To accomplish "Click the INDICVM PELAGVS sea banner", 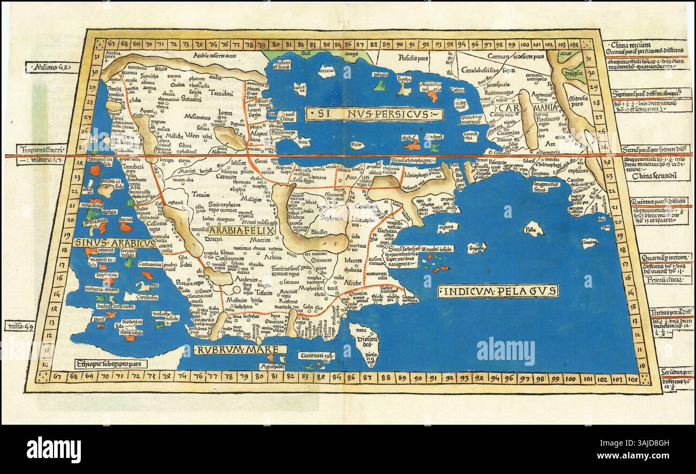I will (x=498, y=291).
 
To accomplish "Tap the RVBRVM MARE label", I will (x=234, y=351).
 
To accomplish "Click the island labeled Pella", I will (x=532, y=229).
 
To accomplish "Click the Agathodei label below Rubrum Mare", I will (x=273, y=367).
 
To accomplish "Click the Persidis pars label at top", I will (x=414, y=56).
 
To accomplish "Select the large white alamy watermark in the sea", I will (x=505, y=351).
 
